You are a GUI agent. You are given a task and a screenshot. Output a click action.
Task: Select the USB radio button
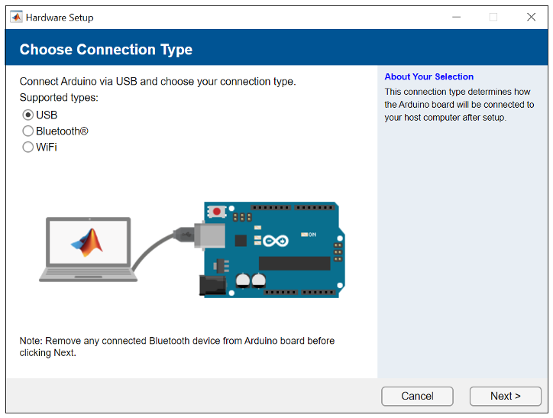tap(28, 115)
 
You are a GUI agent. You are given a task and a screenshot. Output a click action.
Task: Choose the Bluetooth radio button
tap(28, 131)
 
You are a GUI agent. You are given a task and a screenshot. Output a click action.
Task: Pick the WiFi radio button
tap(28, 147)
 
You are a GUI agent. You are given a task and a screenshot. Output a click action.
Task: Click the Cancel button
tap(417, 396)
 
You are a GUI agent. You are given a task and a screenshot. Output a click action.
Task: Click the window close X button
tap(531, 17)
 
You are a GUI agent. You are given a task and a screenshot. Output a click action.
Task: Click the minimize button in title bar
tap(456, 17)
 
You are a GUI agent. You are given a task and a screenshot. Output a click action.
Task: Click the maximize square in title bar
tap(493, 17)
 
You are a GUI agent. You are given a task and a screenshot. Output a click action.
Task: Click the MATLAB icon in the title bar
tap(16, 17)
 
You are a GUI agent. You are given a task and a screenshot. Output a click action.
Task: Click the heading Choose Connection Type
tap(106, 50)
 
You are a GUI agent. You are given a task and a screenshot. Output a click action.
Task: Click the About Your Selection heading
tap(428, 76)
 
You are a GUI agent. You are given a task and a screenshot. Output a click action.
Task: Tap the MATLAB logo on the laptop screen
tap(86, 241)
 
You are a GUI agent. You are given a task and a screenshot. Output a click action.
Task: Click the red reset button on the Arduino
tap(217, 211)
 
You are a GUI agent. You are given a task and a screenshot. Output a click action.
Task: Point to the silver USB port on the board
tap(209, 236)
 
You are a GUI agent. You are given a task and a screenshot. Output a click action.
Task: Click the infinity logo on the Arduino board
tap(275, 241)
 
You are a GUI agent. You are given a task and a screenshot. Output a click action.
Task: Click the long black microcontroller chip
tap(294, 263)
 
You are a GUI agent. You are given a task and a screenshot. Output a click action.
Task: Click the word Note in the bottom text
tap(31, 341)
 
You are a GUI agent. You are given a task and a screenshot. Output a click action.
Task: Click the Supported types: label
tap(59, 98)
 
